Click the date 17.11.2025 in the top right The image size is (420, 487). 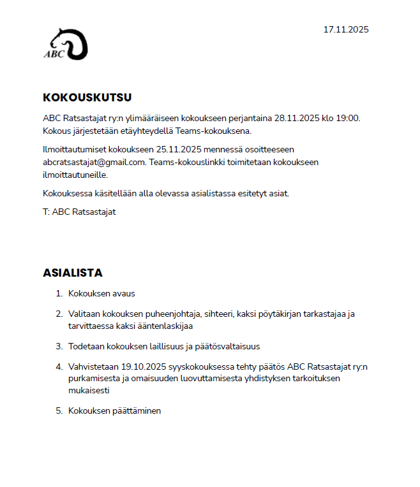point(346,29)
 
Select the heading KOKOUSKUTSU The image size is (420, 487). point(87,98)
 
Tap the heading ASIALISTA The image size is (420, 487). point(73,273)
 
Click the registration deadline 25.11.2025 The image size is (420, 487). point(179,150)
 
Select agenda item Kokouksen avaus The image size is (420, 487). point(101,294)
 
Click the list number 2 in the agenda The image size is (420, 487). point(59,314)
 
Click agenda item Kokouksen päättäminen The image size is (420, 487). point(114,411)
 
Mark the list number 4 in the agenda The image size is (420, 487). point(59,367)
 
